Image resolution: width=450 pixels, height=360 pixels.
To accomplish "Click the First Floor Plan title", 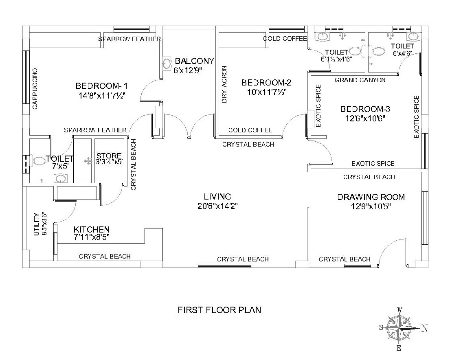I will click(x=220, y=310).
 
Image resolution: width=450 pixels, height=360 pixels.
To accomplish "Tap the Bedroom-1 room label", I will click(x=102, y=86).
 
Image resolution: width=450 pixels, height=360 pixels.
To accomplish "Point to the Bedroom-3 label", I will click(x=365, y=109).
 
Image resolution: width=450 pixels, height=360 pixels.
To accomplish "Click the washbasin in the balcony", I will click(x=167, y=64).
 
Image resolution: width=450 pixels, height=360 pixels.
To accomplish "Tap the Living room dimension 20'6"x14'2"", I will click(x=217, y=206).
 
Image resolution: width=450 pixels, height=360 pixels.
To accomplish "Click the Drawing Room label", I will click(x=371, y=197).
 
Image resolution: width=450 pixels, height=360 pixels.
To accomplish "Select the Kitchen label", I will click(x=92, y=229).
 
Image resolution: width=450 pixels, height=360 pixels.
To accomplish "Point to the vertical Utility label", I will click(x=37, y=224).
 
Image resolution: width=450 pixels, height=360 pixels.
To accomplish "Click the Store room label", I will click(x=109, y=156).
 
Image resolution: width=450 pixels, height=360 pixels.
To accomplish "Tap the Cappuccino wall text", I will click(x=35, y=89).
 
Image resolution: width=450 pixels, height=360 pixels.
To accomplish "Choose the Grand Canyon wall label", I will click(x=360, y=80).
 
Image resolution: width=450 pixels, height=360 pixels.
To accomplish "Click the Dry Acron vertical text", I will click(x=224, y=84).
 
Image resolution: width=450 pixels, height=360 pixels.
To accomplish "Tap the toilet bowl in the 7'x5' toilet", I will click(x=39, y=161).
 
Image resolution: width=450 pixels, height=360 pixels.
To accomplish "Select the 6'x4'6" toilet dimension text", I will click(x=403, y=53).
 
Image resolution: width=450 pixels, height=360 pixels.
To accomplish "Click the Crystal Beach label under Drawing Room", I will click(x=345, y=259).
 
